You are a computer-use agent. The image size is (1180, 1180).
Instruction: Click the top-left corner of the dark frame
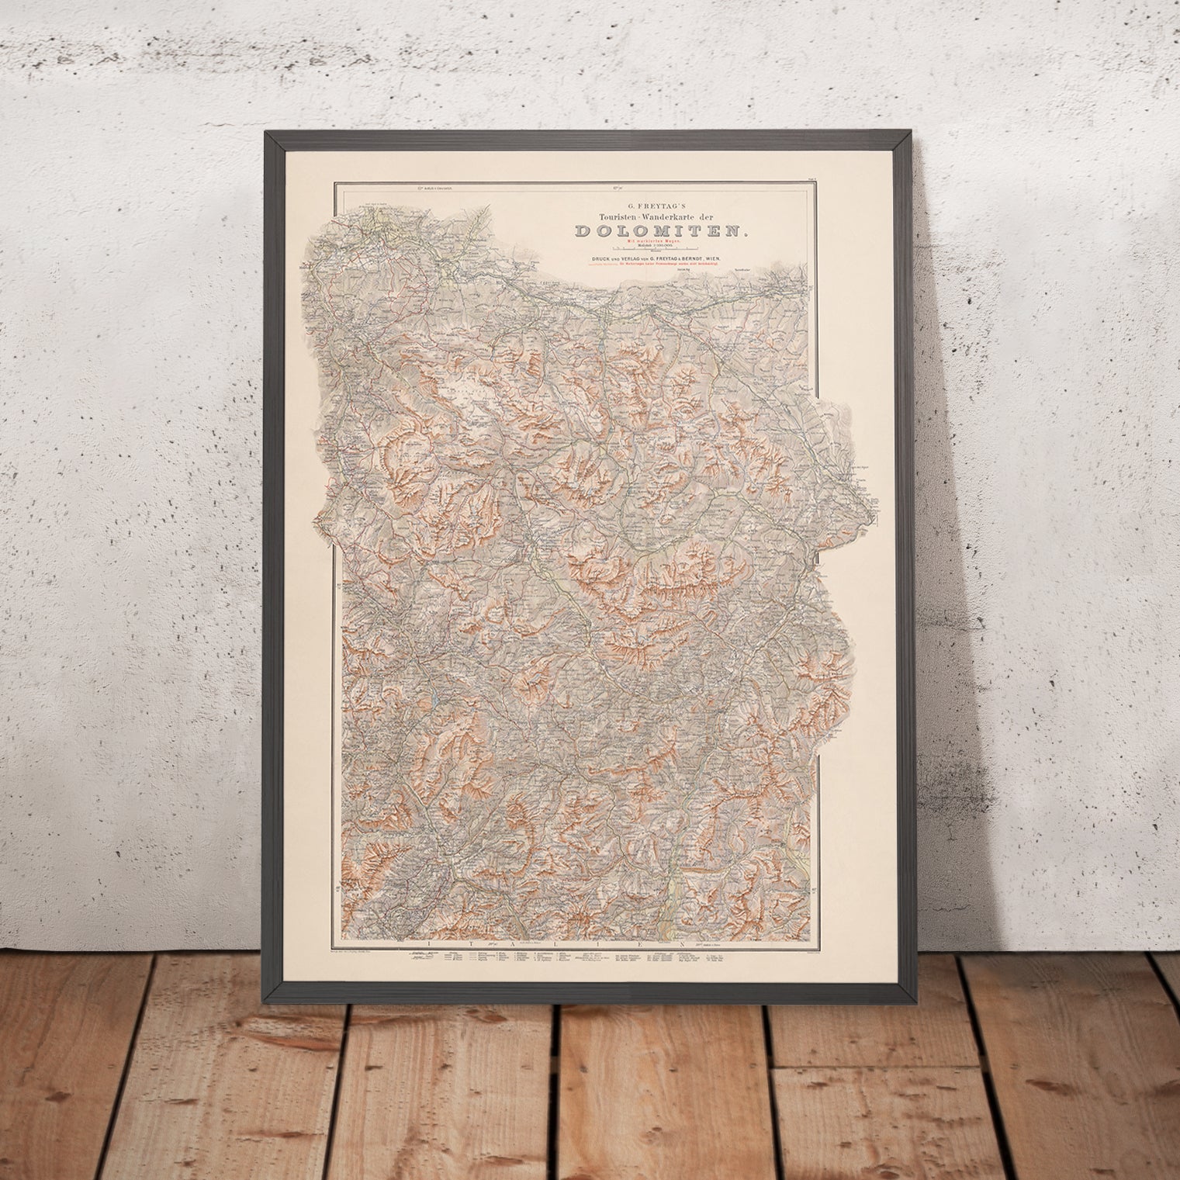[266, 133]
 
